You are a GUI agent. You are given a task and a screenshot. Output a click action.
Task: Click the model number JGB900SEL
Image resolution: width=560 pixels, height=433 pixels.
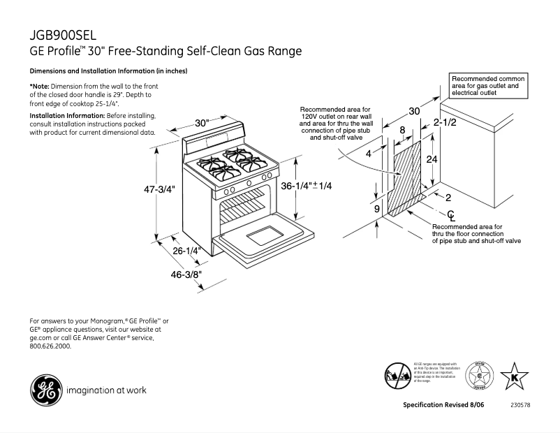click(x=63, y=36)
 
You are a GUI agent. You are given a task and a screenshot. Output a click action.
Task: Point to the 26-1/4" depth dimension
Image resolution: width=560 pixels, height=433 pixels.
click(x=187, y=250)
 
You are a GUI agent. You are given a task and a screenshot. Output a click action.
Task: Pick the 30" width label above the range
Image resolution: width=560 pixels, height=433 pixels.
click(x=202, y=124)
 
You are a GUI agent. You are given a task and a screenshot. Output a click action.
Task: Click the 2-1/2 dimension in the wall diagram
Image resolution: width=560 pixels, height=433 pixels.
click(x=445, y=124)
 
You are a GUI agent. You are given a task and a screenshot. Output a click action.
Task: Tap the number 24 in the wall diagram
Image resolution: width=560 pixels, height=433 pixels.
click(x=432, y=159)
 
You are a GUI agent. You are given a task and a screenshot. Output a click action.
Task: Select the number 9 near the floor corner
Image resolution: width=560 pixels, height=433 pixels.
click(x=376, y=208)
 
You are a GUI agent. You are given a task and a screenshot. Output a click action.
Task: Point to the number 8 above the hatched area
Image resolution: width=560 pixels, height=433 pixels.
click(x=402, y=130)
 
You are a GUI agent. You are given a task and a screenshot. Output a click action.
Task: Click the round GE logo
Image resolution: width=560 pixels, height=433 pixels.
click(x=43, y=390)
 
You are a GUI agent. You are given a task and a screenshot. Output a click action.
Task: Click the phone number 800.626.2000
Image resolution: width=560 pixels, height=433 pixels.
click(x=50, y=346)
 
